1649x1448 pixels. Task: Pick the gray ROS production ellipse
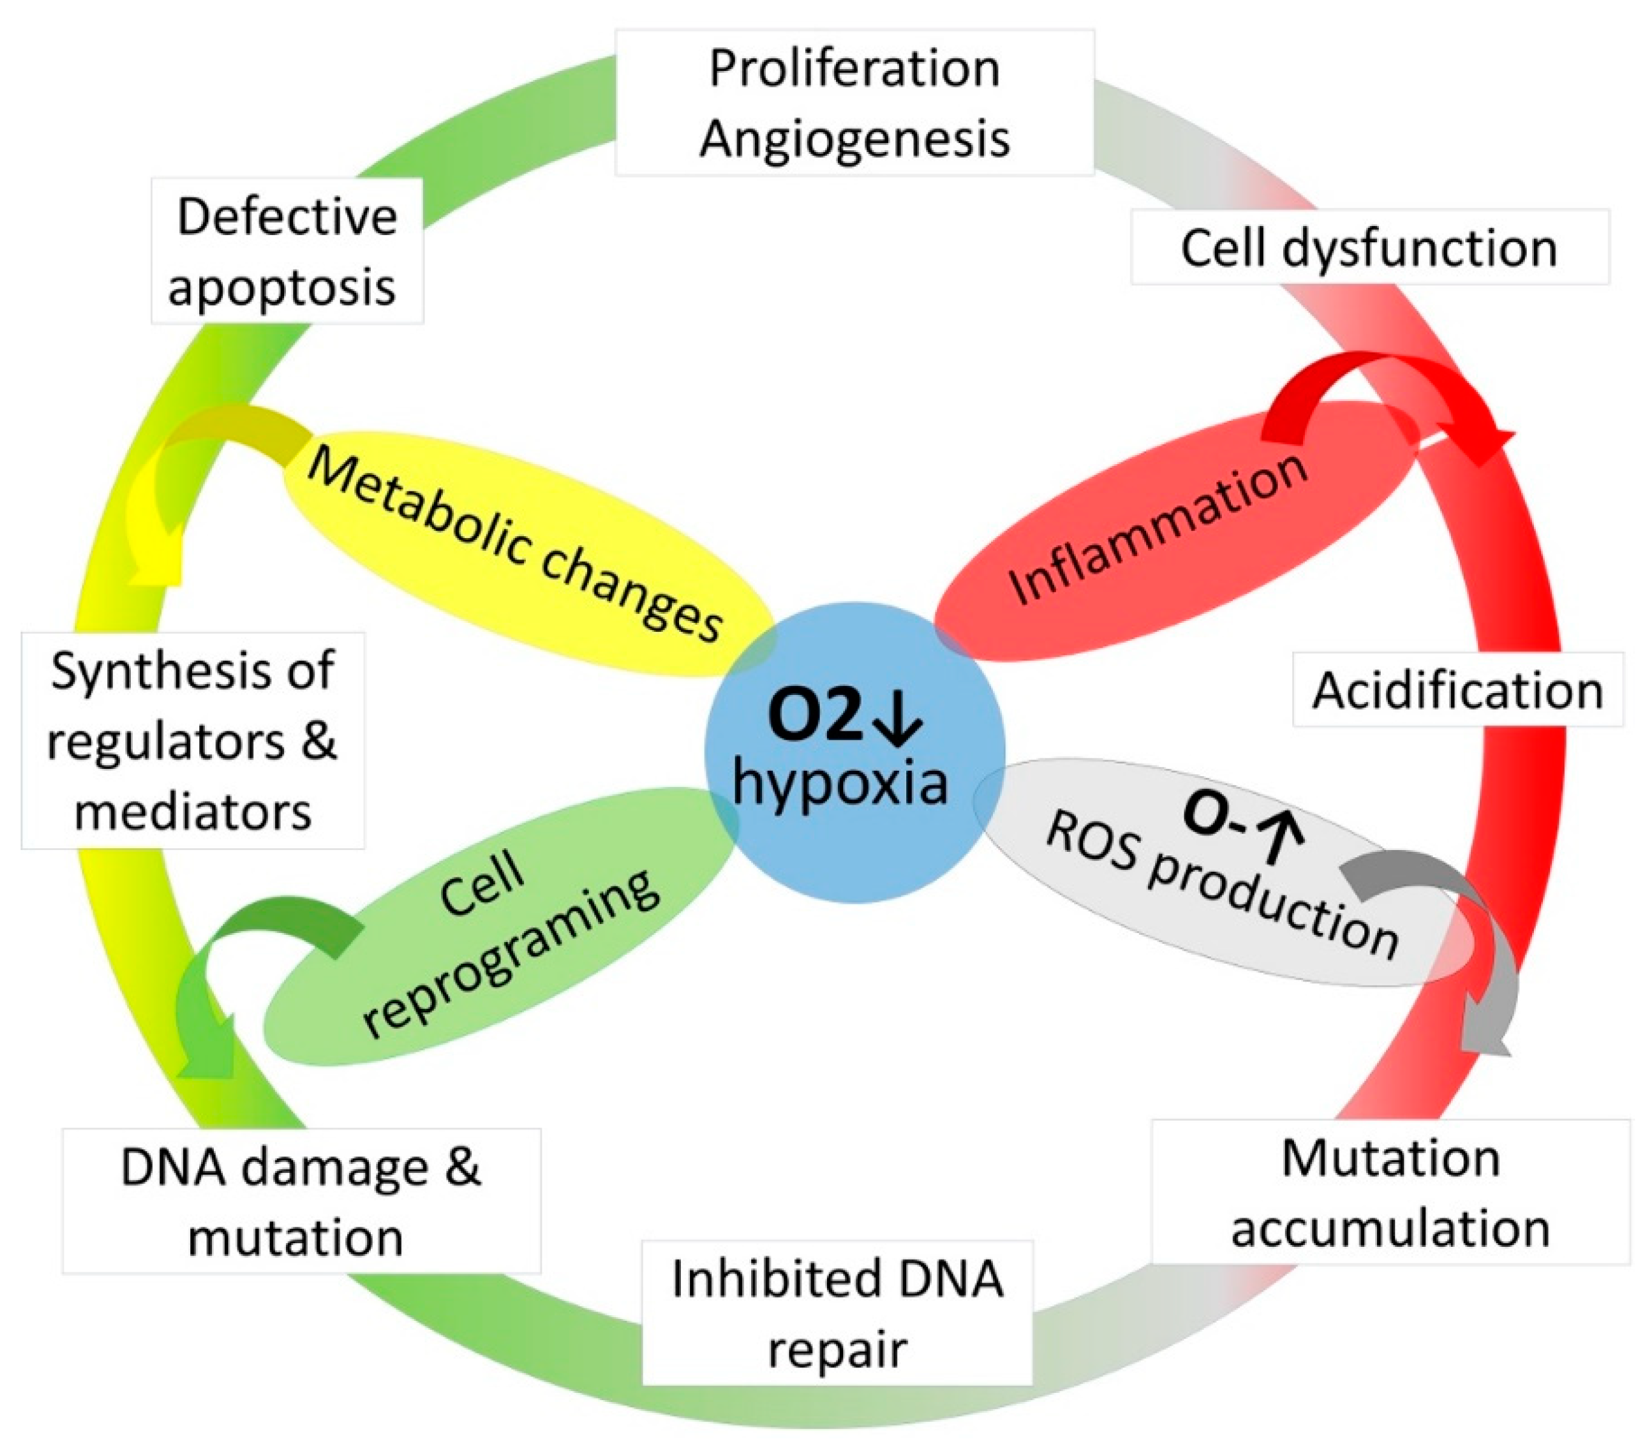[1218, 879]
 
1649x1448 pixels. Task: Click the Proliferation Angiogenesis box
[854, 103]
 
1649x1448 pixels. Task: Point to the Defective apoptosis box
[287, 251]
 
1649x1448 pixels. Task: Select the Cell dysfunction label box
[1369, 247]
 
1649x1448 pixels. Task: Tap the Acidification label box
[1457, 691]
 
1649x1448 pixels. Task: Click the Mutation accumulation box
[1390, 1192]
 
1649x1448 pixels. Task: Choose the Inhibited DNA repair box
[837, 1312]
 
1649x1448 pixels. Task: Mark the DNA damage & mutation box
[301, 1201]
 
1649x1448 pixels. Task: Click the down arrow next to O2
[897, 717]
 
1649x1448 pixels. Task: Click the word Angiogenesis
[854, 138]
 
